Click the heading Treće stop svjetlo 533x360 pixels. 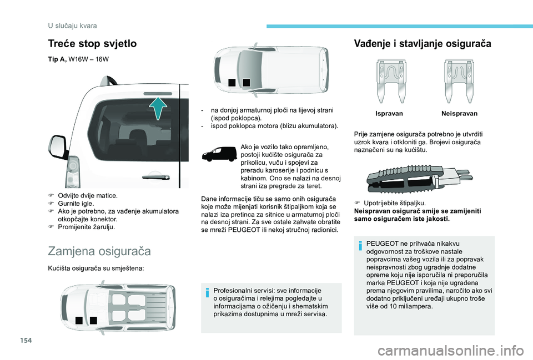point(93,44)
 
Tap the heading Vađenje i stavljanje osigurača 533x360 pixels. point(423,44)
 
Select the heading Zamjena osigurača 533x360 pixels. point(99,251)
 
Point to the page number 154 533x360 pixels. point(27,340)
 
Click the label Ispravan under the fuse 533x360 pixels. point(389,114)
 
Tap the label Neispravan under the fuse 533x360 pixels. point(459,114)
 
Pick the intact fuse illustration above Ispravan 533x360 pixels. point(391,81)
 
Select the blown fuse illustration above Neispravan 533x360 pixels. point(459,81)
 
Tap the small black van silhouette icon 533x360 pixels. point(219,154)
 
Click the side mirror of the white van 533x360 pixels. point(58,146)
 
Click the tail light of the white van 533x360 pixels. point(73,172)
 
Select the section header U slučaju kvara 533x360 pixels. point(72,26)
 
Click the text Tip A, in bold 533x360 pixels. point(57,59)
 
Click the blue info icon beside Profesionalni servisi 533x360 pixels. point(207,292)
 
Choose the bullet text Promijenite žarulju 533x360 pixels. point(87,227)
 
